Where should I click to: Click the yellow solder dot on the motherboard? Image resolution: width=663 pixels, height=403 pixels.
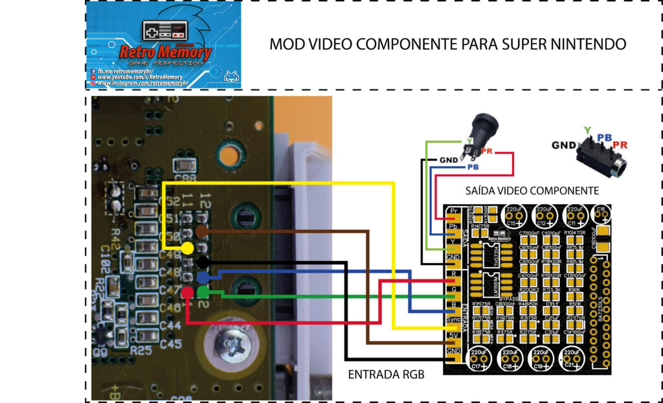pyautogui.click(x=187, y=248)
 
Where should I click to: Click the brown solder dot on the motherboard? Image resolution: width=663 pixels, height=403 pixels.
pyautogui.click(x=201, y=231)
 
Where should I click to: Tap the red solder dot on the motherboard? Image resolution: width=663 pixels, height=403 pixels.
pyautogui.click(x=187, y=293)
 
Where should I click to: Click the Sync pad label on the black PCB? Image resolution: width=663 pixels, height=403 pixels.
pyautogui.click(x=453, y=321)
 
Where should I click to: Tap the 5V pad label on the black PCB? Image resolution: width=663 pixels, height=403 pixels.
pyautogui.click(x=453, y=336)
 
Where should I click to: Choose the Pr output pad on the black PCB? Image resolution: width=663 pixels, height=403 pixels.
pyautogui.click(x=453, y=212)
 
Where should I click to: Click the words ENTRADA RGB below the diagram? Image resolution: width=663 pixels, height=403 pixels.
pyautogui.click(x=387, y=374)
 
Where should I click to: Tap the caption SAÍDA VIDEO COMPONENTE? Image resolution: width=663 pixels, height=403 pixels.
pyautogui.click(x=532, y=191)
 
